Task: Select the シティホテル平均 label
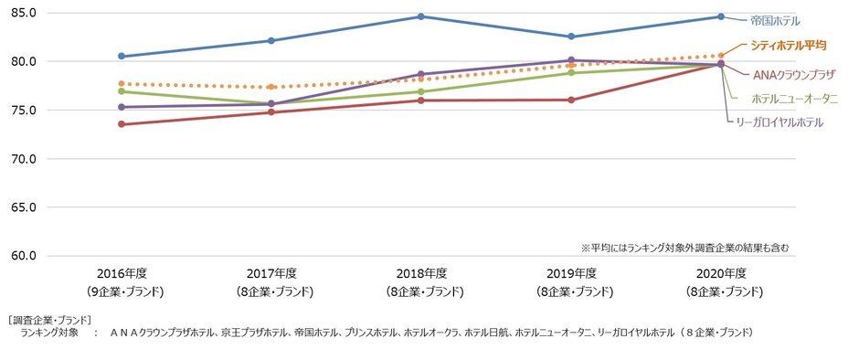click(788, 45)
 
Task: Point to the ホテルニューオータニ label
click(794, 99)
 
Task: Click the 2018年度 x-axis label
click(420, 273)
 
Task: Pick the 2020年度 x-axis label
click(720, 273)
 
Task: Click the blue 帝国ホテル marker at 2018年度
click(420, 16)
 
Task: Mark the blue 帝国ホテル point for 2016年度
click(121, 56)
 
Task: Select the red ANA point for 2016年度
click(121, 124)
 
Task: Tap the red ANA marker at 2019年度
click(570, 100)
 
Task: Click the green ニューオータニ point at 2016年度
click(121, 91)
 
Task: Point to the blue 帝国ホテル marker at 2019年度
click(570, 37)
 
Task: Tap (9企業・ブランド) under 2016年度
click(125, 291)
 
